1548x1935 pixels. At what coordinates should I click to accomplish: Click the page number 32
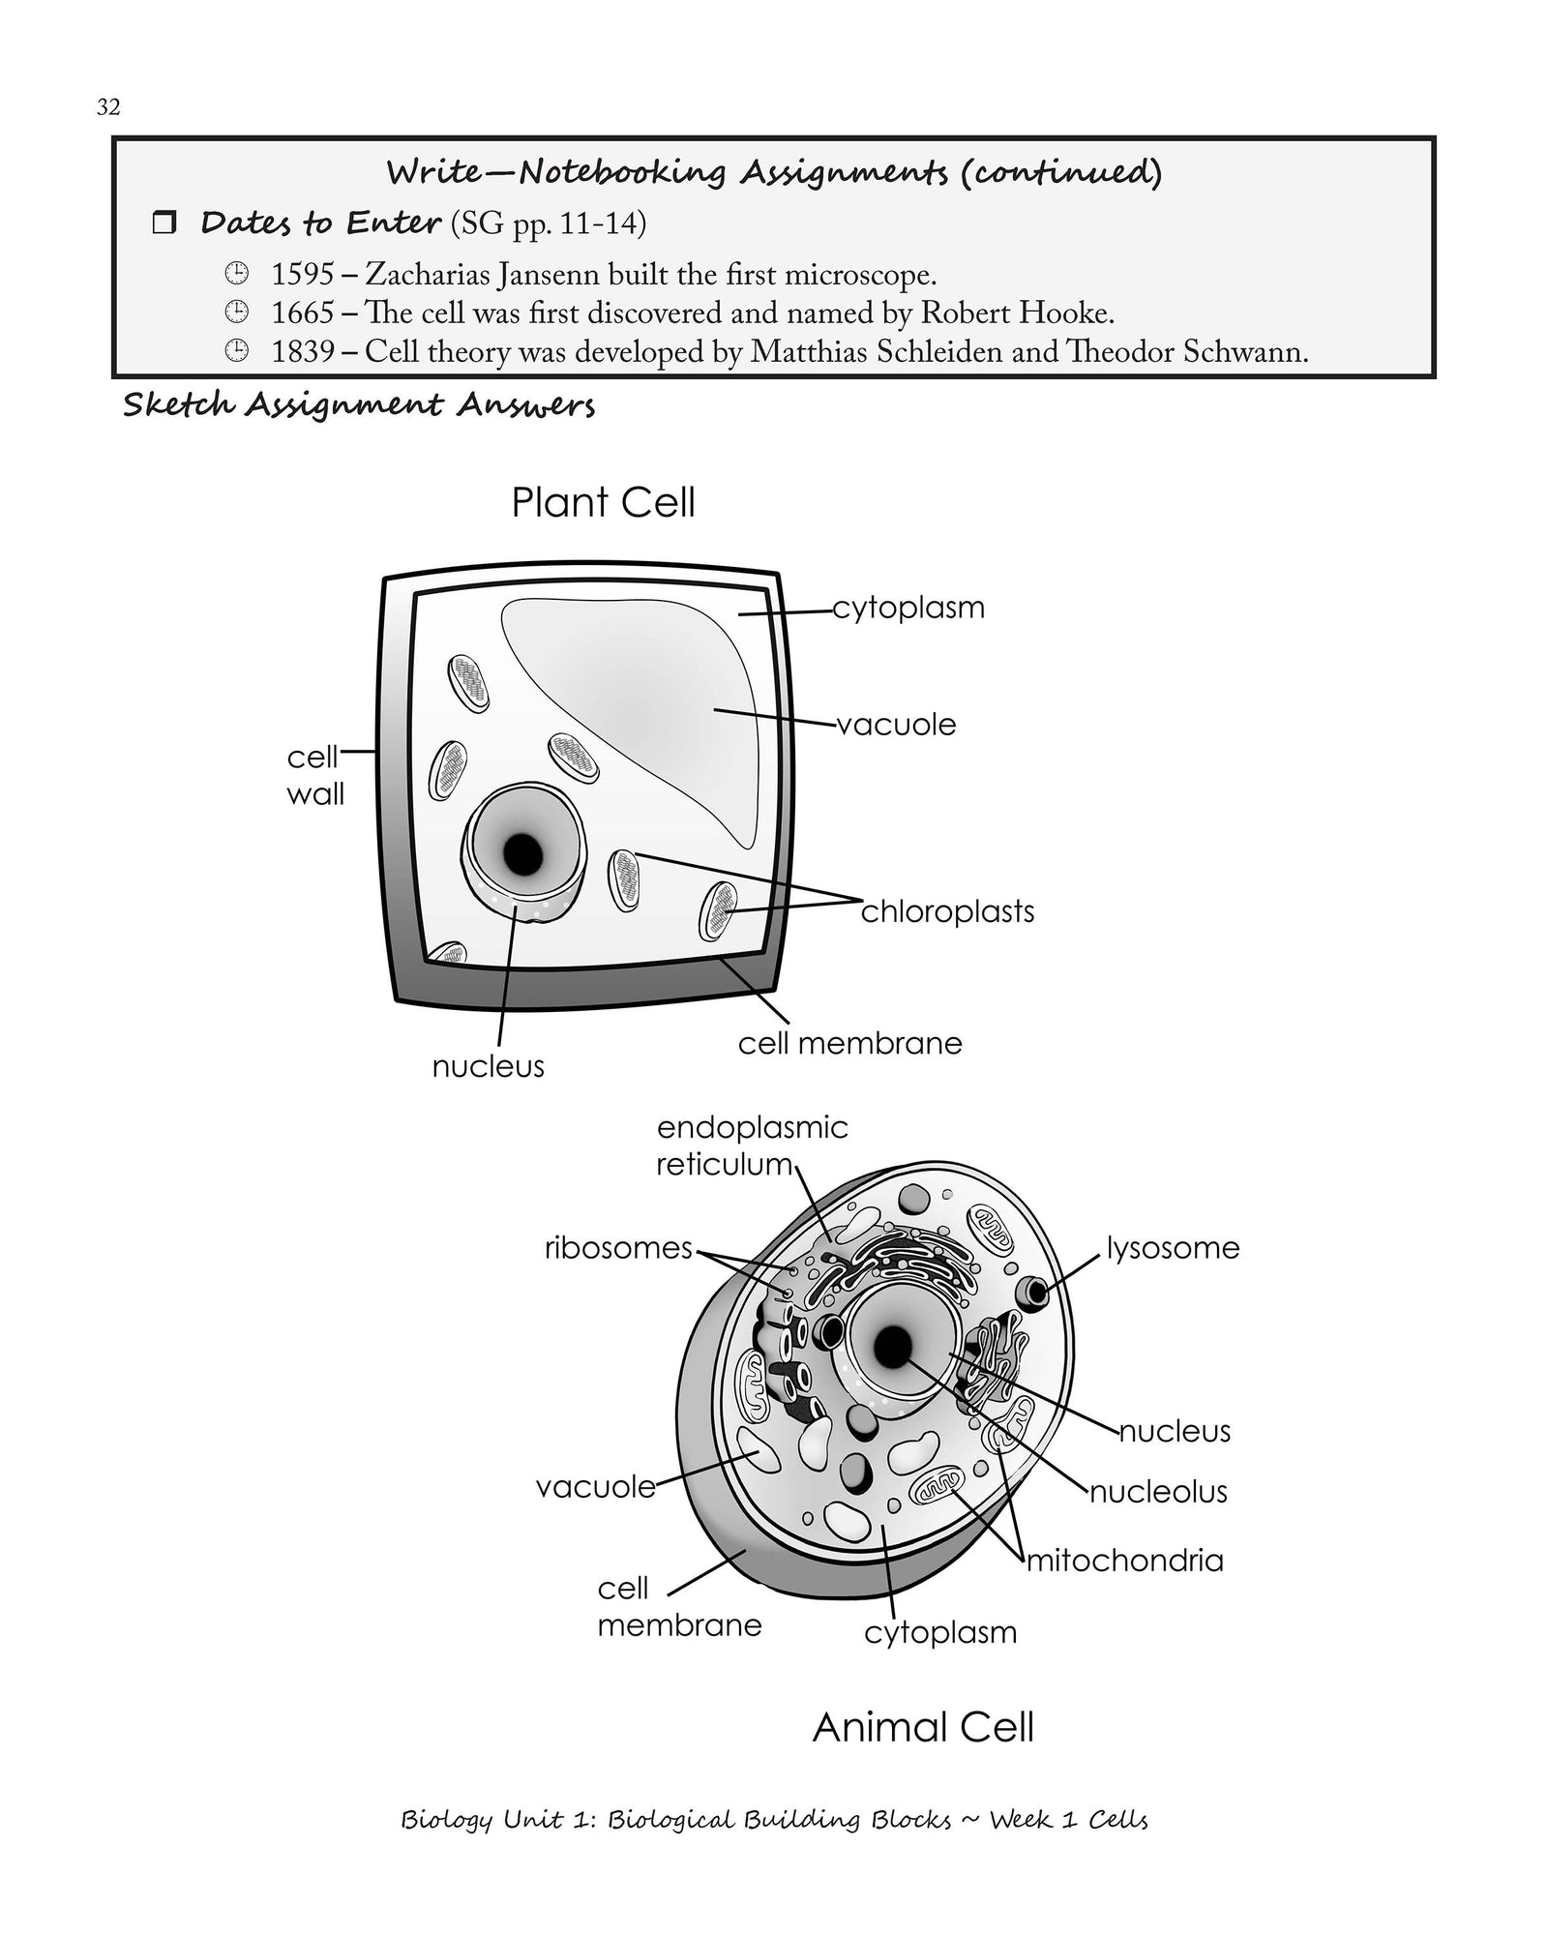[x=108, y=107]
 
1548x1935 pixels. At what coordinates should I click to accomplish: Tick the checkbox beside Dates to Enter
[x=165, y=224]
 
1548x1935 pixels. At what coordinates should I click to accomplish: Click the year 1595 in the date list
[x=302, y=276]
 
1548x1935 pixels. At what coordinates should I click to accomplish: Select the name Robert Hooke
[x=1016, y=313]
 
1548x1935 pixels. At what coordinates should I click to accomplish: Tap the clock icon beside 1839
[x=235, y=351]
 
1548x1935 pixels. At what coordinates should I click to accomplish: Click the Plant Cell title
[x=603, y=503]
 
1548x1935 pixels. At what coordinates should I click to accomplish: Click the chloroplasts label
[x=947, y=911]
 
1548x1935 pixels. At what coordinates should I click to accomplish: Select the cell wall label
[x=314, y=775]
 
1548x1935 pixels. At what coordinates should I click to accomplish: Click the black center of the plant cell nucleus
[x=523, y=852]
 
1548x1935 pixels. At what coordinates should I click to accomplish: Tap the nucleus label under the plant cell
[x=488, y=1066]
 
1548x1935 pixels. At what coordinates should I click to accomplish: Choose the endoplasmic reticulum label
[x=751, y=1146]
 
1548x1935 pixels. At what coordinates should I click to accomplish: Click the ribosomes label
[x=618, y=1248]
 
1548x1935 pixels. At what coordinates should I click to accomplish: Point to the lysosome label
[x=1173, y=1248]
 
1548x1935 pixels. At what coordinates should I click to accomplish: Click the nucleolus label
[x=1158, y=1492]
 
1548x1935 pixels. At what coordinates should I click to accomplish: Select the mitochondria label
[x=1124, y=1561]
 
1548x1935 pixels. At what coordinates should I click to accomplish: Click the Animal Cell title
[x=923, y=1727]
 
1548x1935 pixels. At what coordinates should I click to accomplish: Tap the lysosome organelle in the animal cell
[x=1036, y=1291]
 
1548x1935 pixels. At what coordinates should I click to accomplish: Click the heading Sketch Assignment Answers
[x=358, y=405]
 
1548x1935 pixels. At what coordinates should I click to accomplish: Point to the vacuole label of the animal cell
[x=596, y=1487]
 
